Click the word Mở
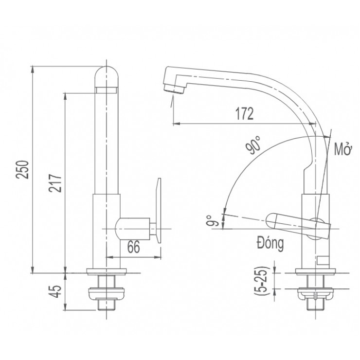point(342,149)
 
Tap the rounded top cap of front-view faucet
point(107,75)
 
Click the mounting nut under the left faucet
point(107,293)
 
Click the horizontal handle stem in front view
point(132,227)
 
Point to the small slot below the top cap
point(107,89)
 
